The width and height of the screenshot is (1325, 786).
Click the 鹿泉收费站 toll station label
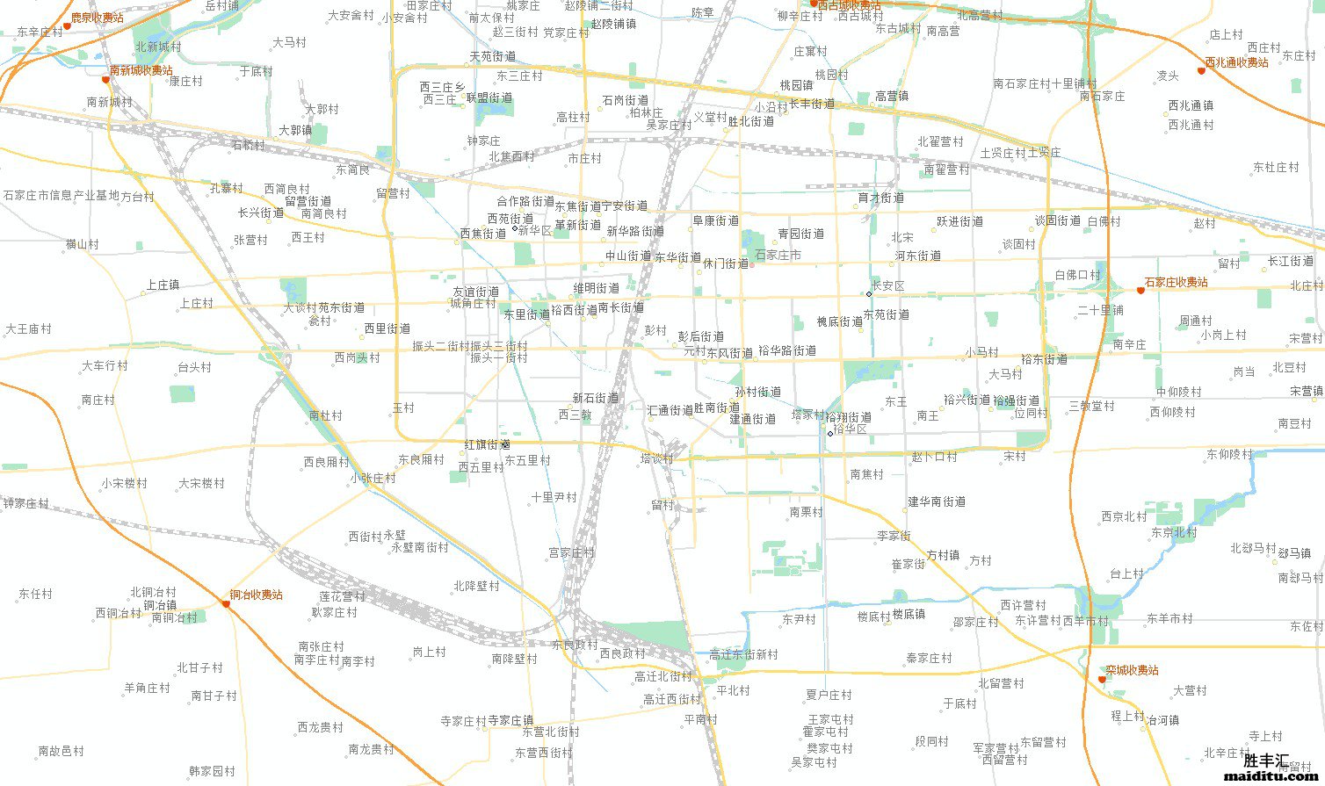pos(97,18)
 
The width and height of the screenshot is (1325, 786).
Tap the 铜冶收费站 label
pos(256,595)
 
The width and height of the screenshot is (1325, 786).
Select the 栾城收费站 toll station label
pos(1132,670)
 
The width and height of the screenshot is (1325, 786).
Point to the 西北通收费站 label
pos(1236,62)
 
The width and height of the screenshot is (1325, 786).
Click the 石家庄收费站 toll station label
pos(1176,282)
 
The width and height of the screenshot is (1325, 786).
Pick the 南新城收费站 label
pos(141,70)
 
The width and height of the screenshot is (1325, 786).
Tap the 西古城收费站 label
pos(849,6)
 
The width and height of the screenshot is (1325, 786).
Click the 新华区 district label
pos(534,231)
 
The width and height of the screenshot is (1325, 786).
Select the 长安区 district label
pos(887,286)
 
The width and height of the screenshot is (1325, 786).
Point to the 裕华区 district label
pos(850,429)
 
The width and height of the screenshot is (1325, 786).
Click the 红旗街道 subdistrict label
pos(488,445)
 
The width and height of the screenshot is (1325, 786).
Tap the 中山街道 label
pos(628,256)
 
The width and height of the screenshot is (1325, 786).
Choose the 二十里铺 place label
pos(1100,310)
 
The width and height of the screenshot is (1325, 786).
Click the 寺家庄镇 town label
pos(510,720)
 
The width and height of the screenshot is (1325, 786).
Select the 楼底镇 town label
pos(909,615)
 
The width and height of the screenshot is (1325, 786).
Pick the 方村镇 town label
pos(943,555)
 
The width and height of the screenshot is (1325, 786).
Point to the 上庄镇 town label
pos(163,285)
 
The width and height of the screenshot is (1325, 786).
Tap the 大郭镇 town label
pos(295,130)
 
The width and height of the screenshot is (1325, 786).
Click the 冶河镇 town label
pos(1163,720)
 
